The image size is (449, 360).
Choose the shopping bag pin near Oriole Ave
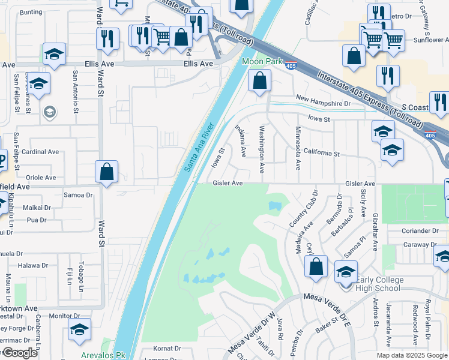[106, 172]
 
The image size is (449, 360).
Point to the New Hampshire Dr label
[323, 103]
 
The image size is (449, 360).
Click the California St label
[321, 153]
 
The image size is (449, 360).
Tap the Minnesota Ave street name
[298, 148]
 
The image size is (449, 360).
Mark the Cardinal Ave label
[40, 152]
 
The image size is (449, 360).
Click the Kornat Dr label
[167, 348]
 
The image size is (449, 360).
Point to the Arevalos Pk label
[103, 355]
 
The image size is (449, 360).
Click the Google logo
[20, 353]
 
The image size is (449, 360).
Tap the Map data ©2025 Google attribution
[412, 355]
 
